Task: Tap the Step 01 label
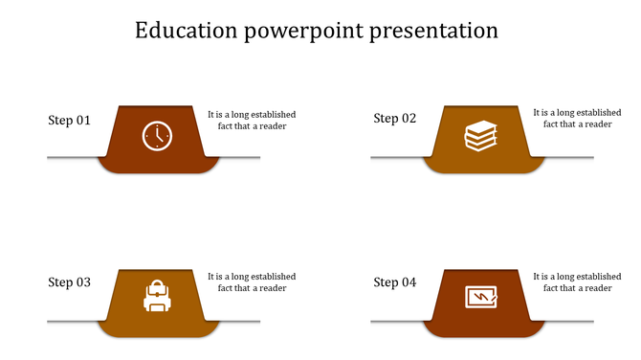pyautogui.click(x=69, y=121)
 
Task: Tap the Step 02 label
pyautogui.click(x=394, y=119)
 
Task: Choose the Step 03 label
pyautogui.click(x=69, y=282)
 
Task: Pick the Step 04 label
pyautogui.click(x=394, y=282)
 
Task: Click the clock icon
pyautogui.click(x=156, y=136)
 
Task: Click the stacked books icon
pyautogui.click(x=481, y=136)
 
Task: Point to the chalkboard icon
pyautogui.click(x=481, y=297)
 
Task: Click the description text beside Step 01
pyautogui.click(x=252, y=120)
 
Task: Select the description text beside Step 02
pyautogui.click(x=577, y=119)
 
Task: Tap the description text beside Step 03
pyautogui.click(x=252, y=282)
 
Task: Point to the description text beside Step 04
pyautogui.click(x=577, y=282)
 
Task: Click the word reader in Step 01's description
pyautogui.click(x=272, y=126)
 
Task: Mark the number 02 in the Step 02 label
pyautogui.click(x=409, y=119)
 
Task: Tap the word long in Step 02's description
pyautogui.click(x=564, y=113)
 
